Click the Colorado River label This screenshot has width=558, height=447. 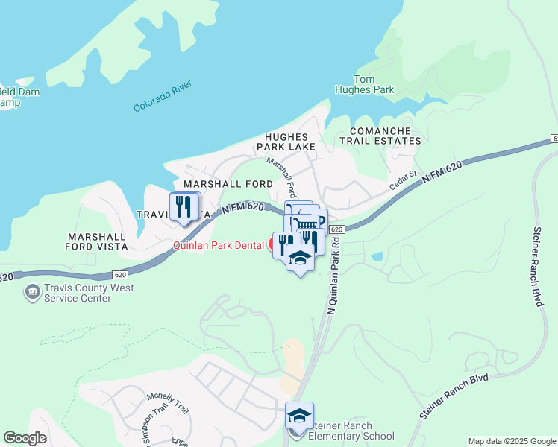[x=163, y=96]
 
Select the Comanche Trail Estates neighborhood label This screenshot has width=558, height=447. [x=380, y=135]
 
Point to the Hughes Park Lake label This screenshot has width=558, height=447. [x=286, y=142]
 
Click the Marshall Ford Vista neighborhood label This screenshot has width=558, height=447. [x=95, y=241]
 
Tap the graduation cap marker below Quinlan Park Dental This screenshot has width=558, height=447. [x=300, y=257]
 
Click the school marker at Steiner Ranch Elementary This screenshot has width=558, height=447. [x=299, y=416]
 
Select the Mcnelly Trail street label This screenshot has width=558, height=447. [x=168, y=402]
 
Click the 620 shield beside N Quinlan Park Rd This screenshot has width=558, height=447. [x=336, y=229]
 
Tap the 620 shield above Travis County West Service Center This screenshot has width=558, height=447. [x=122, y=274]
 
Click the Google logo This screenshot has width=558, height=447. [x=25, y=438]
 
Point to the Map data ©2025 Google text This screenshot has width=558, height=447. [x=511, y=441]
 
